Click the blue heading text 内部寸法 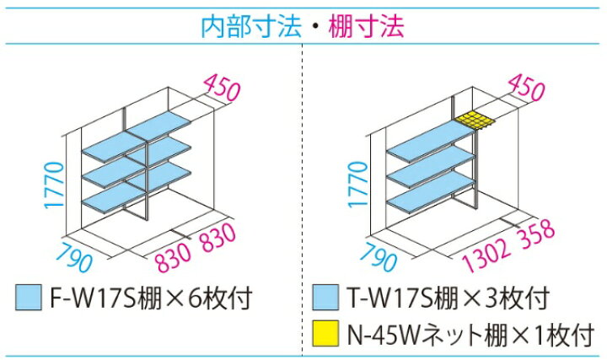coord(251,26)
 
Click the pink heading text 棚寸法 coord(366,26)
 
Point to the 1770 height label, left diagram coord(54,185)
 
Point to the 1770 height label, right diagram coord(357,185)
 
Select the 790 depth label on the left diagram coord(76,255)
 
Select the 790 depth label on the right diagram coord(379,255)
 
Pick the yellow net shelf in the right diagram coord(475,121)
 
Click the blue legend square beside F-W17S coord(29,298)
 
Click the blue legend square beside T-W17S coord(325,298)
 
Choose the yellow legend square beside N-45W coord(325,333)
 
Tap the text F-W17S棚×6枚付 coord(152,298)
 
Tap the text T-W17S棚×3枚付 coord(449,298)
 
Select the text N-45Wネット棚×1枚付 coord(470,334)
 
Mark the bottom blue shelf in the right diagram coord(431,192)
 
